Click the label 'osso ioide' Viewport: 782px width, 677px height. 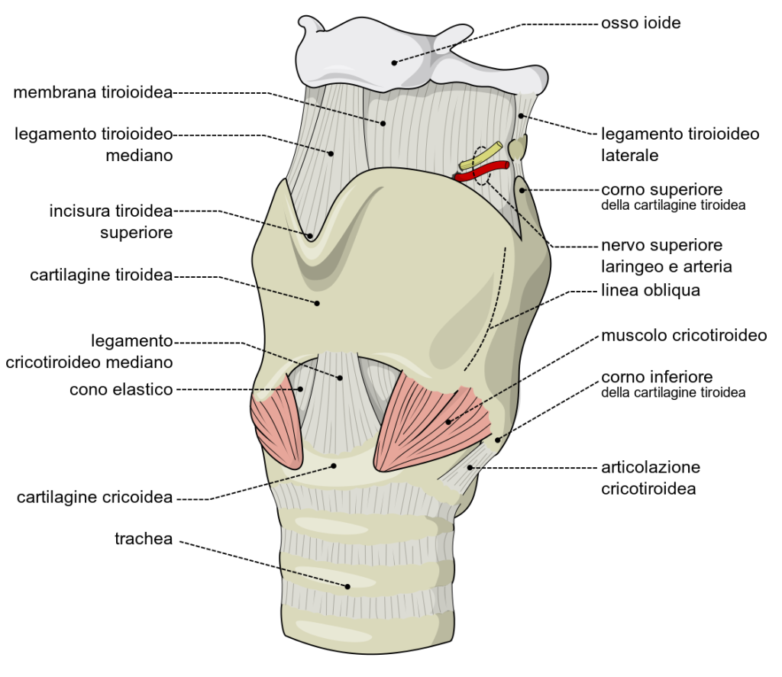point(640,24)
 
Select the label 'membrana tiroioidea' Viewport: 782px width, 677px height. point(93,93)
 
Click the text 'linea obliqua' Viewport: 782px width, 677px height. point(651,291)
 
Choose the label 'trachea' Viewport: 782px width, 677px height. point(144,539)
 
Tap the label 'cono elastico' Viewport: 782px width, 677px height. point(121,389)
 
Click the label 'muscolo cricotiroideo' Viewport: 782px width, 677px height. point(683,335)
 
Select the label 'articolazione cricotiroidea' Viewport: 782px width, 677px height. point(650,477)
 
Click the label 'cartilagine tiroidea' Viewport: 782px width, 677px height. point(102,275)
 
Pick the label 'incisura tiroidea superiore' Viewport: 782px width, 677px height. point(111,221)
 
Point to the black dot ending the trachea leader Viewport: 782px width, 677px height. point(347,586)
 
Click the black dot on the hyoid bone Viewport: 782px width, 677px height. point(395,62)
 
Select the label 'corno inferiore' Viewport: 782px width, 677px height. point(657,377)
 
